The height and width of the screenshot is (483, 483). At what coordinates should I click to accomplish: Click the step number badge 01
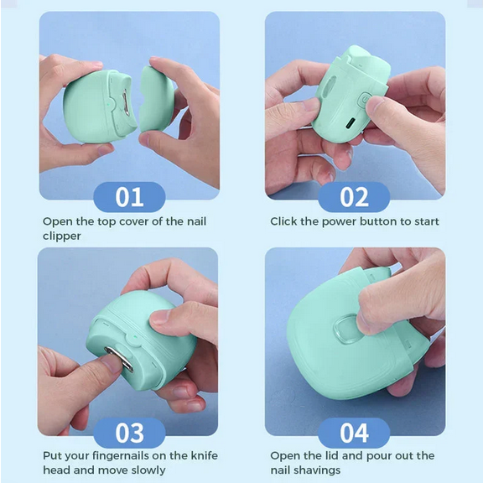click(129, 198)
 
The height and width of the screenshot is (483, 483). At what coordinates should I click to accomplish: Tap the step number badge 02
click(354, 198)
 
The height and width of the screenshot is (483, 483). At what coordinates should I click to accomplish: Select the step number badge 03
click(129, 433)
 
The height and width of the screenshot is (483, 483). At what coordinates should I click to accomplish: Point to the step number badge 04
click(354, 433)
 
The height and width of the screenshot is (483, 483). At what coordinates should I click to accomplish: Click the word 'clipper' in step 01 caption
click(62, 236)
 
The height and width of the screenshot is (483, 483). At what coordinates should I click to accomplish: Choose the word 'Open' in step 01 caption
click(58, 222)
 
